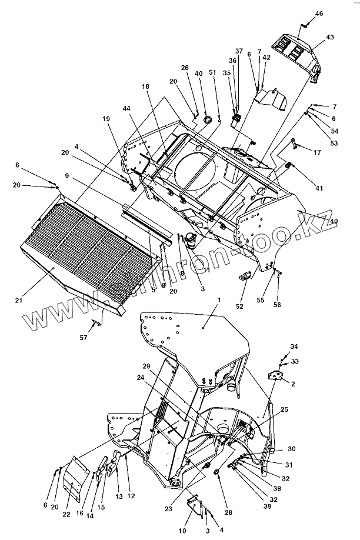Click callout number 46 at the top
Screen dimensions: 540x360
pyautogui.click(x=319, y=13)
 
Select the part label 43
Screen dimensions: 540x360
pyautogui.click(x=330, y=37)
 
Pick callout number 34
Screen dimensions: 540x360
pyautogui.click(x=294, y=346)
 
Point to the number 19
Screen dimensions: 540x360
pyautogui.click(x=106, y=119)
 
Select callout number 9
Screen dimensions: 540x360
pyautogui.click(x=67, y=175)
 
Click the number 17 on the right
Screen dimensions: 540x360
pyautogui.click(x=318, y=152)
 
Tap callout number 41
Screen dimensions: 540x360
pyautogui.click(x=319, y=188)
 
